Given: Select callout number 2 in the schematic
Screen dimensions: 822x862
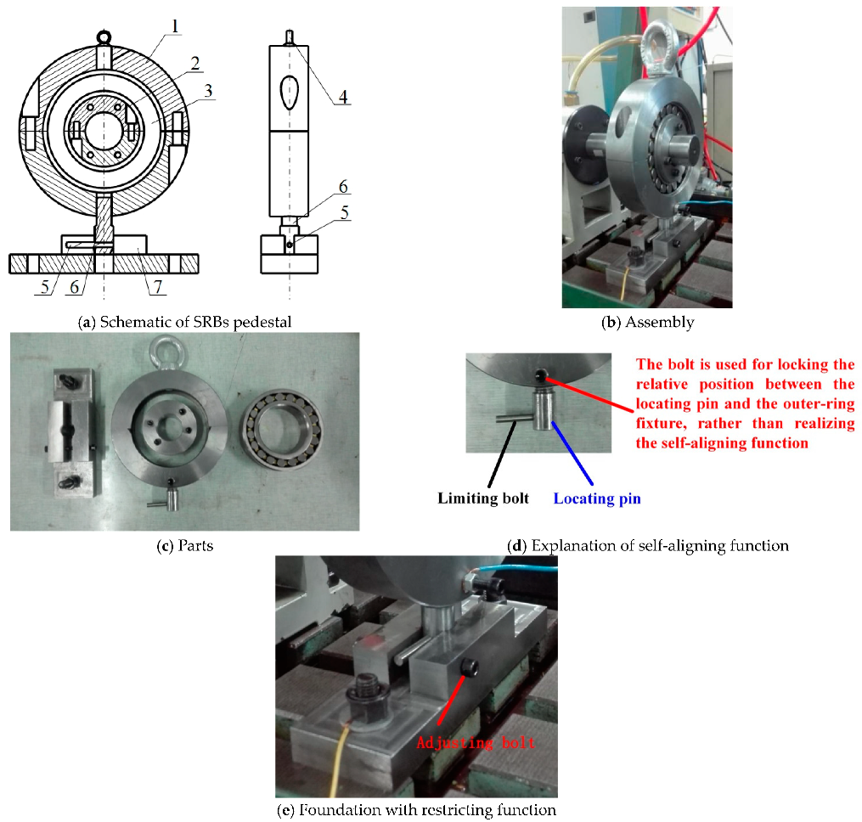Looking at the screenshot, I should (194, 64).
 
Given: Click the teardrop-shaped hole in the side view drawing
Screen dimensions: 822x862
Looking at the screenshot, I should (289, 93).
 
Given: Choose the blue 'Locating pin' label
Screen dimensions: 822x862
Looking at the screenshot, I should (597, 498).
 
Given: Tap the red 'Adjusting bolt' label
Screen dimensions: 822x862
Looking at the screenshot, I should (476, 742).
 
